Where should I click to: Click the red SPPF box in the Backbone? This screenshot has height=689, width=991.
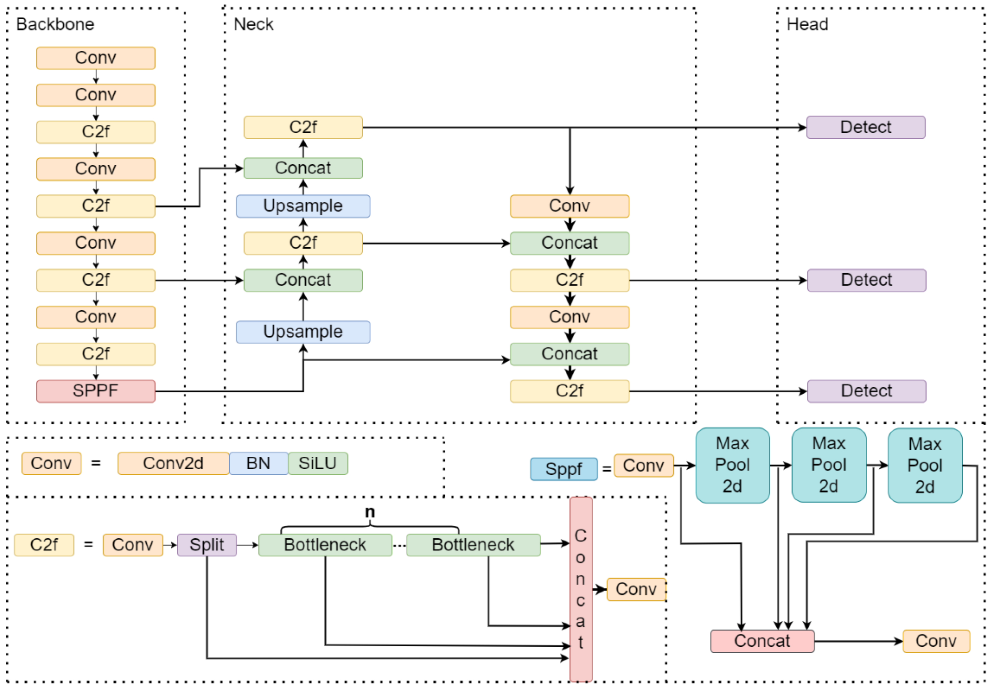[x=95, y=391]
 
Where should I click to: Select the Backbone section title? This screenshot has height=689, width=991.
[x=55, y=24]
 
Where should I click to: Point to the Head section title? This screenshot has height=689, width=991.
[x=807, y=24]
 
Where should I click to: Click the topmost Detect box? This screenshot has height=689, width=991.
[x=865, y=127]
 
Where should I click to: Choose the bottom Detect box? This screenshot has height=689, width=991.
[x=866, y=391]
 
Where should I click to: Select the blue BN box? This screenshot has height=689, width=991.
[x=258, y=463]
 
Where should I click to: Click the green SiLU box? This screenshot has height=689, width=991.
[x=318, y=463]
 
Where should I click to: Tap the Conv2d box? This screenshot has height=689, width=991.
[x=173, y=463]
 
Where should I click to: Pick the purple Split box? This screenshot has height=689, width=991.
[x=207, y=545]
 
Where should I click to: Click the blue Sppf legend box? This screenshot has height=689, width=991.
[x=563, y=469]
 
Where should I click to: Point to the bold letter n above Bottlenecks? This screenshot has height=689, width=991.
[x=370, y=512]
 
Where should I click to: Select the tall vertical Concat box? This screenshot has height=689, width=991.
[x=581, y=589]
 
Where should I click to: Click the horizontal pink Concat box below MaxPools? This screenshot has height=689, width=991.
[x=762, y=641]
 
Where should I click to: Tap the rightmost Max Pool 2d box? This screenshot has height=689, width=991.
[x=925, y=465]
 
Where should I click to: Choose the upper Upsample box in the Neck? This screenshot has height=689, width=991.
[x=303, y=206]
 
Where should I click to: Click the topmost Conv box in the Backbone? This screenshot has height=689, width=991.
[x=95, y=58]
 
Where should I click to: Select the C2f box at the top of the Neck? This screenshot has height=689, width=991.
[x=303, y=127]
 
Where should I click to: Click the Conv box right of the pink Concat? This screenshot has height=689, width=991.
[x=936, y=641]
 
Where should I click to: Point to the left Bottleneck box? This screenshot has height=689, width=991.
[x=325, y=545]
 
